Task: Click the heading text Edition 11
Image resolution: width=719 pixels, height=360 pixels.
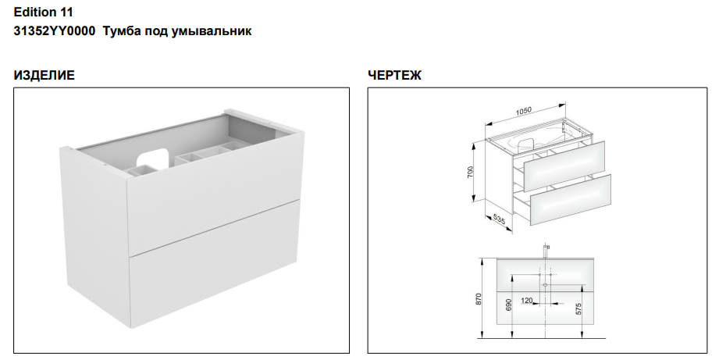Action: click(x=43, y=12)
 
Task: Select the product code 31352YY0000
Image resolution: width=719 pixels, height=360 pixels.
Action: click(x=55, y=31)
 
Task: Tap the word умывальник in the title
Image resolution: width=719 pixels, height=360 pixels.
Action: click(x=212, y=32)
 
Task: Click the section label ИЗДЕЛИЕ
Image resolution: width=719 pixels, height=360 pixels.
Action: click(x=44, y=75)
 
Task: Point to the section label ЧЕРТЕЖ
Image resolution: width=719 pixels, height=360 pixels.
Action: click(x=394, y=75)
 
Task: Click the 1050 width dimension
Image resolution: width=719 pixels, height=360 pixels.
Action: click(x=524, y=112)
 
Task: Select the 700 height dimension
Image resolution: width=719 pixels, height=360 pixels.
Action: click(x=471, y=173)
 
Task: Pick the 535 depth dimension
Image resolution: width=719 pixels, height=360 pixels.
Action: click(x=498, y=220)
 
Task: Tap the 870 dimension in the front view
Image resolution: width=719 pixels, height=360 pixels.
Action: click(x=479, y=299)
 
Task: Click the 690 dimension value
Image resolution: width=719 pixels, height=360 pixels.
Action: click(x=508, y=305)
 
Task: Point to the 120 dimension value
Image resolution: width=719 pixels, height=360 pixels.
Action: click(x=527, y=301)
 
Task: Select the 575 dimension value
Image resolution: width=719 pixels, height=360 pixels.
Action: click(x=578, y=308)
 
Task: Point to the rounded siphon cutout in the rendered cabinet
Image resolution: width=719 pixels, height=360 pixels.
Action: click(x=153, y=157)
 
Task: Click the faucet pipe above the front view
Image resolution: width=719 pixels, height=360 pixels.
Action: click(x=545, y=251)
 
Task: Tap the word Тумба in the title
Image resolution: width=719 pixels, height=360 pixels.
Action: click(x=119, y=31)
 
